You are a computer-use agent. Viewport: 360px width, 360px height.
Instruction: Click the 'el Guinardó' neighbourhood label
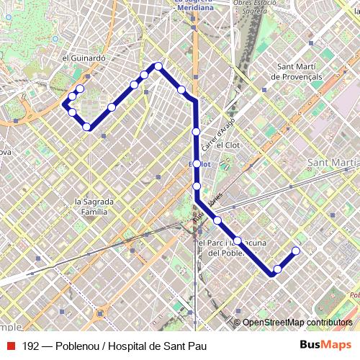tap(84, 58)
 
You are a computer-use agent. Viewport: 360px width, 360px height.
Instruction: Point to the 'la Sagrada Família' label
tap(91, 207)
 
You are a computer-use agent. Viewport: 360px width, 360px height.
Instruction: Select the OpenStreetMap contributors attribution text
tap(297, 323)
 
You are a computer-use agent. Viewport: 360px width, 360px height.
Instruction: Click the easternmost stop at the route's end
tap(295, 251)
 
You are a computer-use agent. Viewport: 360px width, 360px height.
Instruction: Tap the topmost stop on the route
tap(158, 67)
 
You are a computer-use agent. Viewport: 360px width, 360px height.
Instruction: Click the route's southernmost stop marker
tap(277, 269)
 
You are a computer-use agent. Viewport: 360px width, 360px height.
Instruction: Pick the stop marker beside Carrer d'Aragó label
tap(196, 132)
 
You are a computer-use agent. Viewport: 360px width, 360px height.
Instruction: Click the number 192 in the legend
tap(30, 346)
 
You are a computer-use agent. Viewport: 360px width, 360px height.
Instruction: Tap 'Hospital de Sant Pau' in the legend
tap(149, 346)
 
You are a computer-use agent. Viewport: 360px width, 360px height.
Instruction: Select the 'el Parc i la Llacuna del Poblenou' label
tap(232, 248)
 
